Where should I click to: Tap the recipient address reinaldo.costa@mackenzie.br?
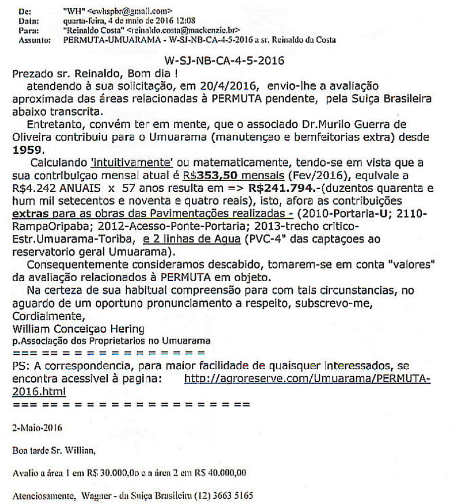point(182,30)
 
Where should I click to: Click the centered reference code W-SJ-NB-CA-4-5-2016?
point(224,60)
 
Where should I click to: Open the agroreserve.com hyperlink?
point(308,378)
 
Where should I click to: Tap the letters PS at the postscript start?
point(18,366)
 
